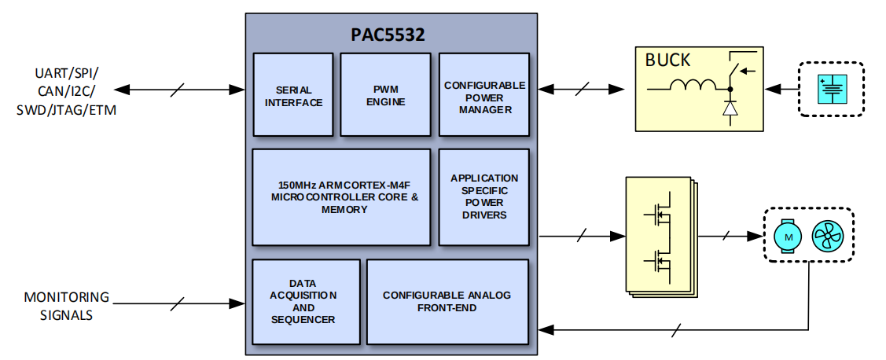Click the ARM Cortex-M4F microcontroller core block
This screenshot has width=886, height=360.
click(341, 197)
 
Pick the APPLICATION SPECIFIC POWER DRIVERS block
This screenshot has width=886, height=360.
click(484, 197)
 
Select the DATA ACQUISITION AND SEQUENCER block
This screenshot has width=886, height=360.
click(306, 302)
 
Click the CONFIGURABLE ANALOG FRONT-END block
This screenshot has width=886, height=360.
click(447, 302)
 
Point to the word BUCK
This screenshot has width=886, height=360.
click(667, 61)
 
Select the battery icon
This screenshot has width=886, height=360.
click(831, 89)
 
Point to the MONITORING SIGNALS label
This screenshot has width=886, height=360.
click(67, 307)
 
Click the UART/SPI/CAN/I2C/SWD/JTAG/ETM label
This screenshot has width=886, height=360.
click(67, 91)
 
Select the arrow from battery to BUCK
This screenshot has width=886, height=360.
click(781, 89)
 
